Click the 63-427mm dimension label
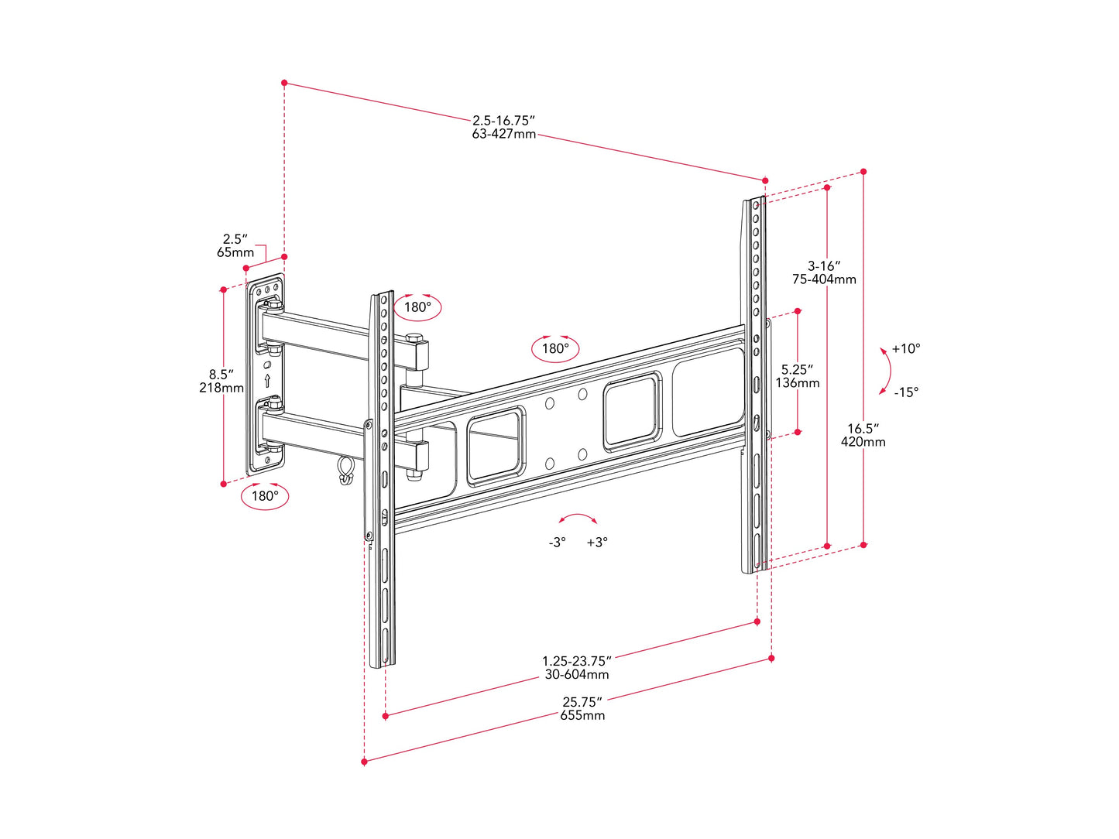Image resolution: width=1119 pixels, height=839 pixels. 503,134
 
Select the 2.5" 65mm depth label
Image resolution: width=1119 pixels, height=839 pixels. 235,246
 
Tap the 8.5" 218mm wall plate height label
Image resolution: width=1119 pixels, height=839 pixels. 221,381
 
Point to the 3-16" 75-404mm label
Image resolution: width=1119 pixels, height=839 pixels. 824,272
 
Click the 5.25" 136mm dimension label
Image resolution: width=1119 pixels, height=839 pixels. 798,376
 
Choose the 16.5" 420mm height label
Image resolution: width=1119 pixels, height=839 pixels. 863,435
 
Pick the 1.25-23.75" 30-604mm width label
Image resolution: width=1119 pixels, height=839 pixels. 576,668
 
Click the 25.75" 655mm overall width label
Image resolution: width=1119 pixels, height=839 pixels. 582,709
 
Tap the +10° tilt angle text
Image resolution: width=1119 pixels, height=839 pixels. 905,349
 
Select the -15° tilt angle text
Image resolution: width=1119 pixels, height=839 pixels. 906,392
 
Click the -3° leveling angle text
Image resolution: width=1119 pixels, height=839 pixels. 557,543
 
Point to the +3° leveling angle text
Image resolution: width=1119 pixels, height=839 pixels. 597,543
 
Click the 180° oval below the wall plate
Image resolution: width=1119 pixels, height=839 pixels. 265,495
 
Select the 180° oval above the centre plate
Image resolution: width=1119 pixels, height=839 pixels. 555,348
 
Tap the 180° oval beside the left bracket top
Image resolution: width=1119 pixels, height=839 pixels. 417,306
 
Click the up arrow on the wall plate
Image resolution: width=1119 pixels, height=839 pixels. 268,380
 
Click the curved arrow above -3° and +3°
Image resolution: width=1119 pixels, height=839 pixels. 578,519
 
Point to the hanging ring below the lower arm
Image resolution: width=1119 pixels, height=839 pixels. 345,470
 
